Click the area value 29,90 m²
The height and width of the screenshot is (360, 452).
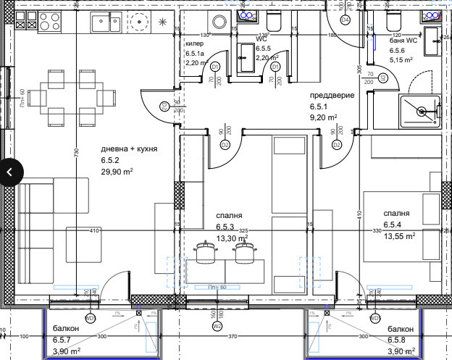click(x=117, y=172)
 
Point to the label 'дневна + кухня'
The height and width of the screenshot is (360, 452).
click(x=129, y=148)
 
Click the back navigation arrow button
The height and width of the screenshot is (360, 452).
click(x=10, y=172)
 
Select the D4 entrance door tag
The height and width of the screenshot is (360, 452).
click(x=345, y=20)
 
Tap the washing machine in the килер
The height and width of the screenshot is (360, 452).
click(x=217, y=21)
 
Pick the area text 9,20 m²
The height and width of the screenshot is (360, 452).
click(x=323, y=117)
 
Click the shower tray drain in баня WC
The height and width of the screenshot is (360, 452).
click(x=421, y=112)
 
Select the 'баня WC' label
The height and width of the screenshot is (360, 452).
click(x=403, y=42)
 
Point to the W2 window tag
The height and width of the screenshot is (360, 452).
click(x=217, y=327)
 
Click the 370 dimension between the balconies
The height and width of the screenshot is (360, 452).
click(x=233, y=337)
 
